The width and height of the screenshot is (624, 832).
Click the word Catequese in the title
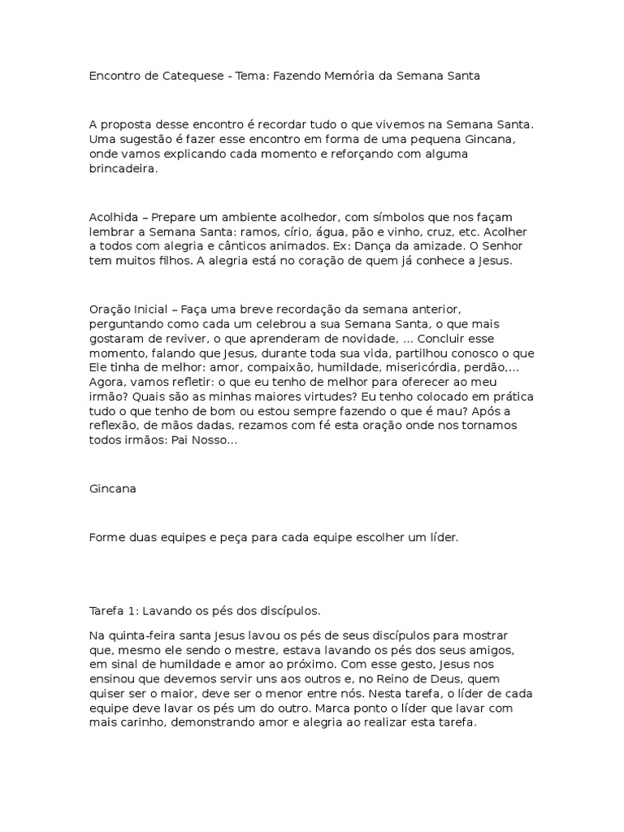point(192,76)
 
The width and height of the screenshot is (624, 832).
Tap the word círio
point(290,232)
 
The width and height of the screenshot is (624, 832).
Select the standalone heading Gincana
point(113,490)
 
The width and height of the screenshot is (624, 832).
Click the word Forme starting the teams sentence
point(106,539)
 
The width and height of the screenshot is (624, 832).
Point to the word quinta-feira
point(139,634)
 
